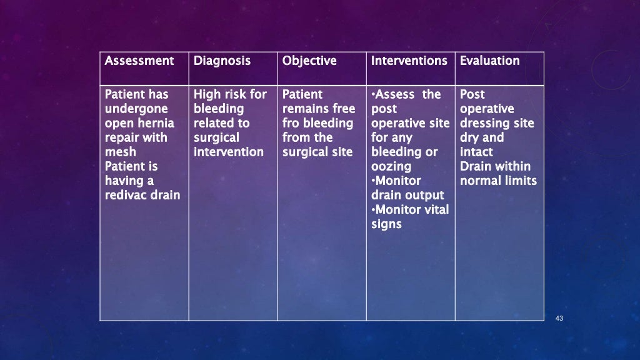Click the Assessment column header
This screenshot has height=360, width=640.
[x=139, y=61]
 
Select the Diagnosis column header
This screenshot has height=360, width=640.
[x=222, y=61]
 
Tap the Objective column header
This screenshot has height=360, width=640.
[x=309, y=61]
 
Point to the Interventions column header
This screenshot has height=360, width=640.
[x=409, y=61]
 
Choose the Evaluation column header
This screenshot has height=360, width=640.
[x=489, y=61]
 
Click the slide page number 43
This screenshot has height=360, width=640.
[x=559, y=319]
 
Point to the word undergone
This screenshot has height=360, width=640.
[x=136, y=109]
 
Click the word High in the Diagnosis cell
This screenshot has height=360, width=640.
[x=207, y=94]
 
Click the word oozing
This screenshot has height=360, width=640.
[x=391, y=166]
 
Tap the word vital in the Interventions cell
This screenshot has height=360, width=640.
[x=436, y=209]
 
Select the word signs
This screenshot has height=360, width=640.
[x=386, y=224]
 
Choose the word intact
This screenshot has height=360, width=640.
[x=476, y=152]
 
